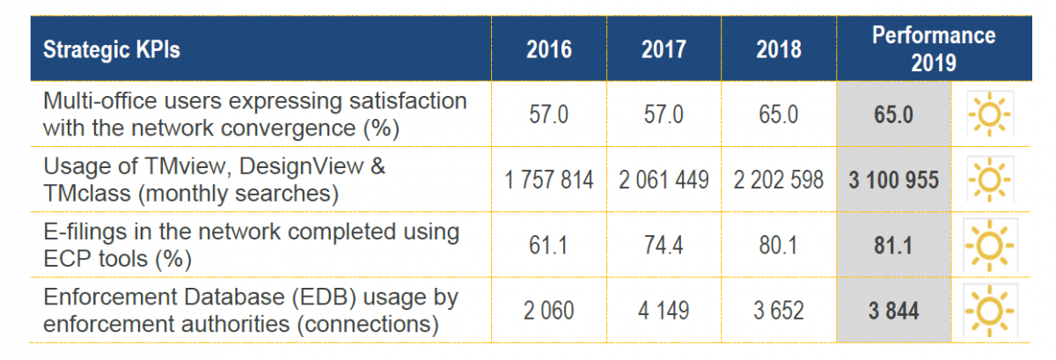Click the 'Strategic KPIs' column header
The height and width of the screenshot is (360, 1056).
pyautogui.click(x=111, y=49)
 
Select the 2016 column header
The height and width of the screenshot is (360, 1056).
pyautogui.click(x=549, y=49)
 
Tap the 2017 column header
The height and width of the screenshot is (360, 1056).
pyautogui.click(x=664, y=49)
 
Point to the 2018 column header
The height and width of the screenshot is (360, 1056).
pyautogui.click(x=779, y=49)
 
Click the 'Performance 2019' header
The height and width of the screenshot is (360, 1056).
pyautogui.click(x=934, y=48)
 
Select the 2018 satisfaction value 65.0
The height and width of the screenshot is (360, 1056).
pyautogui.click(x=778, y=114)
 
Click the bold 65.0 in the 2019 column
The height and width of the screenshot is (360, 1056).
pyautogui.click(x=893, y=114)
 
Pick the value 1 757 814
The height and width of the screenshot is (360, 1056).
pyautogui.click(x=549, y=180)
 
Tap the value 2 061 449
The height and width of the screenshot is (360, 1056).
pyautogui.click(x=664, y=180)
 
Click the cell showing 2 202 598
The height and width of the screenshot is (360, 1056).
pyautogui.click(x=778, y=180)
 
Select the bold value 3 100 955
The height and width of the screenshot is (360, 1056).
pyautogui.click(x=894, y=180)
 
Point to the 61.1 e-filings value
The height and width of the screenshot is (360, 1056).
pyautogui.click(x=548, y=246)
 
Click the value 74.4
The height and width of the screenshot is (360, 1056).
pyautogui.click(x=664, y=246)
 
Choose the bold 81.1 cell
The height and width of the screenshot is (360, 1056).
pyautogui.click(x=893, y=246)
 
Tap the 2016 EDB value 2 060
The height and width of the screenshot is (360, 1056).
pyautogui.click(x=549, y=311)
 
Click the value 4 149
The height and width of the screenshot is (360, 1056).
pyautogui.click(x=664, y=311)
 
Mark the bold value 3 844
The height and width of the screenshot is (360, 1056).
pyautogui.click(x=894, y=311)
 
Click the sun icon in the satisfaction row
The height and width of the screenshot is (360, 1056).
pyautogui.click(x=989, y=114)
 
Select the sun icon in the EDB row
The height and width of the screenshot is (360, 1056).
pyautogui.click(x=989, y=311)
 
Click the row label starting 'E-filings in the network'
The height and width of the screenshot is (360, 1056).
pyautogui.click(x=252, y=246)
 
